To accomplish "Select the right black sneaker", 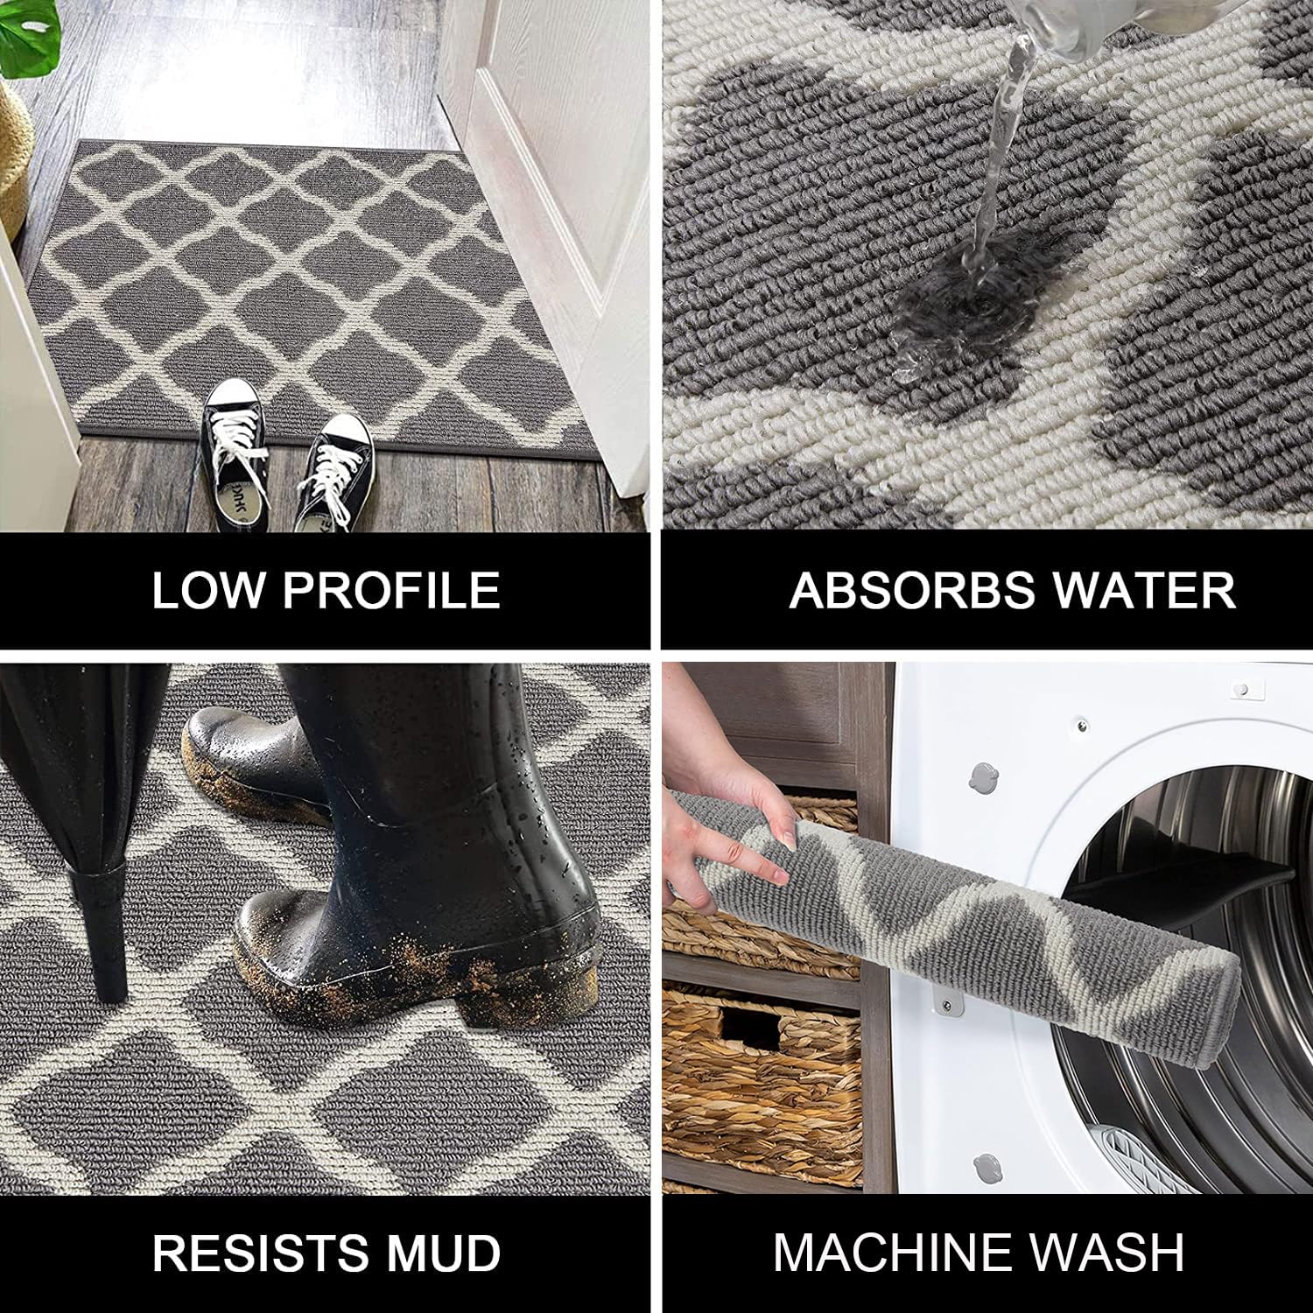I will (x=334, y=473).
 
